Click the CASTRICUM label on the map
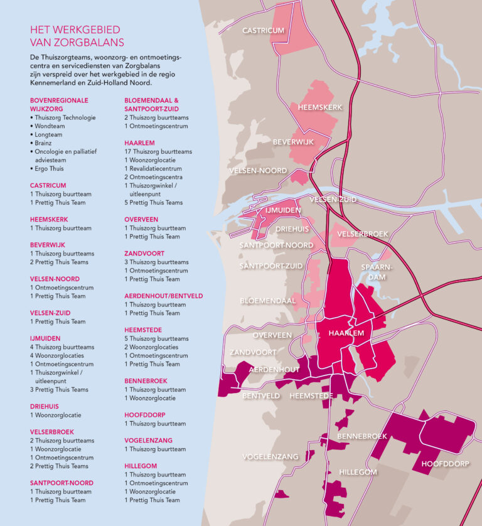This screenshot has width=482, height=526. coord(264,30)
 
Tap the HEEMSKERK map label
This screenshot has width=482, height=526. coord(320,107)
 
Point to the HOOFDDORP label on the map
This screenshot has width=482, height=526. coord(446,464)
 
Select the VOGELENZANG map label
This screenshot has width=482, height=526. coord(270,457)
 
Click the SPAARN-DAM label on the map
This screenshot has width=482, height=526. coord(377,271)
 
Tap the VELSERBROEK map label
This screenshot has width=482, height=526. coord(363,234)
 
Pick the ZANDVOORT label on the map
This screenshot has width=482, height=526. coord(253,352)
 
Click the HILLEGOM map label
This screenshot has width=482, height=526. coord(358,471)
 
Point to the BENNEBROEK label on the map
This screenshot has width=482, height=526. coord(362,436)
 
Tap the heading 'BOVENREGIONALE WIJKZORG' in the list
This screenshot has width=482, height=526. coord(59,104)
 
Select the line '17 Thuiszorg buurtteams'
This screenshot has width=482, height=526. coord(158,152)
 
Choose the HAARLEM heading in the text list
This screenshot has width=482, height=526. coord(139,143)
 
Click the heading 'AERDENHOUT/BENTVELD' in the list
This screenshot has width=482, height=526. coord(163,296)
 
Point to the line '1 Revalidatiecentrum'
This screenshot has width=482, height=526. coord(153,169)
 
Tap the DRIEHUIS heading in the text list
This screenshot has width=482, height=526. coord(45,406)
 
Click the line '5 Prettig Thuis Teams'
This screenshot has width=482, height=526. coord(154,203)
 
